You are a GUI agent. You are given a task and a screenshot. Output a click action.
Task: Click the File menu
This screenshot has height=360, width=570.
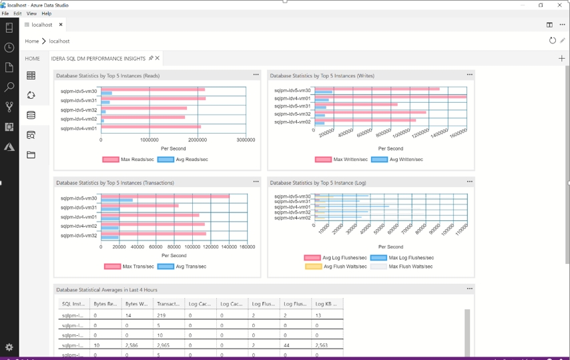pyautogui.click(x=5, y=13)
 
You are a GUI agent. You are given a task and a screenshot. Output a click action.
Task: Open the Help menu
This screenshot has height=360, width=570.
pyautogui.click(x=46, y=13)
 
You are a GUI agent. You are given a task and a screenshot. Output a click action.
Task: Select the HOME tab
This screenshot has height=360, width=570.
pyautogui.click(x=32, y=59)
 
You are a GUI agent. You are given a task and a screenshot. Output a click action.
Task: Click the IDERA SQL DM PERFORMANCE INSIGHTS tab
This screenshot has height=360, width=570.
pyautogui.click(x=99, y=59)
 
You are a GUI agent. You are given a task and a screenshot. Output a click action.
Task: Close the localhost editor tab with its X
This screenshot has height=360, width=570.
pyautogui.click(x=61, y=25)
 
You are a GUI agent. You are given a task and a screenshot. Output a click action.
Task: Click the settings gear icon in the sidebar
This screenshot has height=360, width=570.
pyautogui.click(x=9, y=347)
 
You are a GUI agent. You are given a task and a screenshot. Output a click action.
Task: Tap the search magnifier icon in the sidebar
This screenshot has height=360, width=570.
pyautogui.click(x=9, y=87)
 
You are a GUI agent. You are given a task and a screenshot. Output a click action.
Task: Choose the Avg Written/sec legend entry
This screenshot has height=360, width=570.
pyautogui.click(x=396, y=160)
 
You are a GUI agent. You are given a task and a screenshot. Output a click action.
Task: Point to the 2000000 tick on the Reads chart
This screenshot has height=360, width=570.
pyautogui.click(x=198, y=140)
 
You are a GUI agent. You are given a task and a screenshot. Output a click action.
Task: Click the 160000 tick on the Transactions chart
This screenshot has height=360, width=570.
pyautogui.click(x=247, y=247)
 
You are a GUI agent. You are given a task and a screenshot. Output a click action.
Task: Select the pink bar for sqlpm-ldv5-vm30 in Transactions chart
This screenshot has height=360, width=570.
pyautogui.click(x=165, y=196)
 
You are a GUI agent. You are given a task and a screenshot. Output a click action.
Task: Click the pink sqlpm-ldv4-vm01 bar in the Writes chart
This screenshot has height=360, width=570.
pyautogui.click(x=390, y=97)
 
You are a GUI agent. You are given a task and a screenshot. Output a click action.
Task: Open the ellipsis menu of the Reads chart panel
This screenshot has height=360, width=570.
pyautogui.click(x=256, y=75)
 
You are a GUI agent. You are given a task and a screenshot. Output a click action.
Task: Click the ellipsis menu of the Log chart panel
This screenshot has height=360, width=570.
pyautogui.click(x=469, y=182)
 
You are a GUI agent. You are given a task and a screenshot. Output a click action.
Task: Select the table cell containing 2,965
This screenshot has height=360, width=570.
pyautogui.click(x=168, y=345)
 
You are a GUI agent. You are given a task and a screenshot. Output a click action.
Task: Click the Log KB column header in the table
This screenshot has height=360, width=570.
pyautogui.click(x=326, y=304)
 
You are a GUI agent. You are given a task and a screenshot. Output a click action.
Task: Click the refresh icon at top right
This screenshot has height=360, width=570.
pyautogui.click(x=552, y=41)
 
